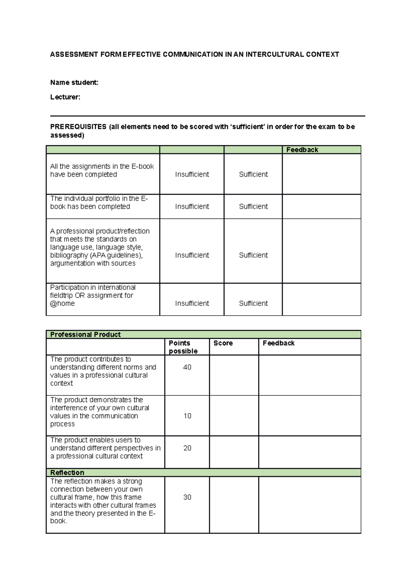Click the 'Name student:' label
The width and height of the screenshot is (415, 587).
point(74,82)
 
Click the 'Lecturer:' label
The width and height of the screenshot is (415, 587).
point(65,97)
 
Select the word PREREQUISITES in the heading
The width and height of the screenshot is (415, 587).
point(78,127)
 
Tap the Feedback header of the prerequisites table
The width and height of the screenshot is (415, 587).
point(302,150)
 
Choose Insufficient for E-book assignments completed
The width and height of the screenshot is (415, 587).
point(192,174)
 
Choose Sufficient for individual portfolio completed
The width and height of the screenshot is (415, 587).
point(253,206)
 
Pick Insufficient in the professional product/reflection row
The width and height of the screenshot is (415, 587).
point(192,255)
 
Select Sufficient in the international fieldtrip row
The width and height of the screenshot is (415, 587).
point(253,303)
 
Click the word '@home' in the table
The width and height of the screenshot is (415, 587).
point(62,304)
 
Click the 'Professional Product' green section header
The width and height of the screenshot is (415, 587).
point(85,334)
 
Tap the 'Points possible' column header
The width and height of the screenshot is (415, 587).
point(183,347)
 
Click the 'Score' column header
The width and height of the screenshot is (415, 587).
point(223,343)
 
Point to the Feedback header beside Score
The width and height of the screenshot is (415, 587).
point(278,343)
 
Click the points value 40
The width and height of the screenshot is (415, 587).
point(187,367)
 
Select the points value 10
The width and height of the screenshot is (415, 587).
point(187,416)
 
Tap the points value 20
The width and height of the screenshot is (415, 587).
point(187,448)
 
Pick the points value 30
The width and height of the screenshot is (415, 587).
point(187,497)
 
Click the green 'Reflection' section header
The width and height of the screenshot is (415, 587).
point(67,473)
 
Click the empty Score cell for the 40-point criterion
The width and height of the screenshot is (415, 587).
point(234,375)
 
